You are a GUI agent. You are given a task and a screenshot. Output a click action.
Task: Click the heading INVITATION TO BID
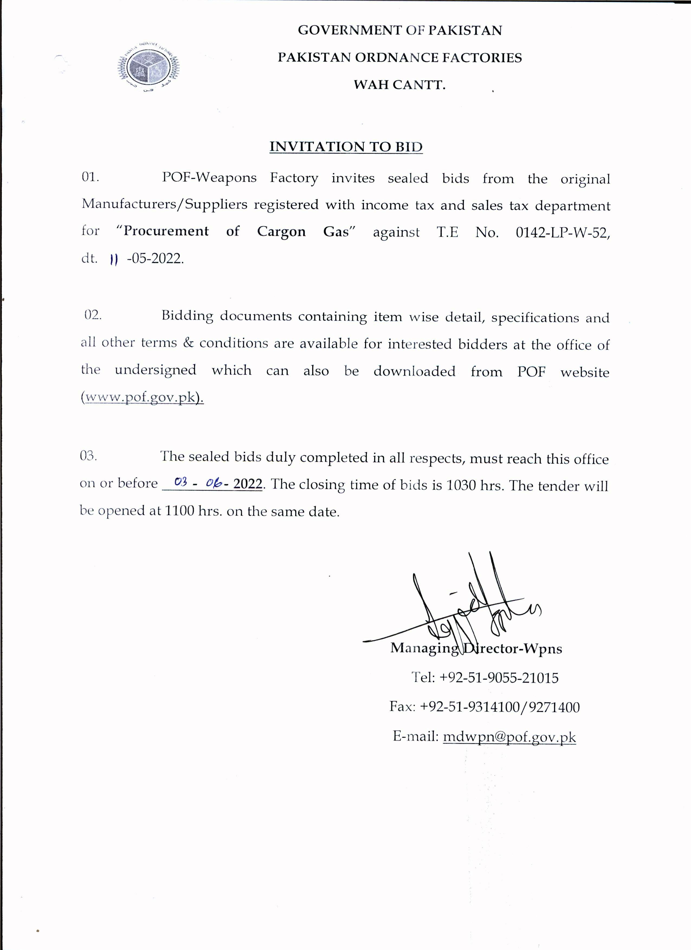[346, 147]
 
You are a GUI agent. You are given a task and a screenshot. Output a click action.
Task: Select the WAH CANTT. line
[399, 85]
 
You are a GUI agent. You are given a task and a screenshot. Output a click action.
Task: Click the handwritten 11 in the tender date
[113, 260]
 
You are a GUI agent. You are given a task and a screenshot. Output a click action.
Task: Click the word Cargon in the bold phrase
[281, 232]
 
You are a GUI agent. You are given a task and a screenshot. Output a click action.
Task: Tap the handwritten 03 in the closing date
[180, 482]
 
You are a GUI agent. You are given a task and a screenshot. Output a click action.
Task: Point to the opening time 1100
[179, 511]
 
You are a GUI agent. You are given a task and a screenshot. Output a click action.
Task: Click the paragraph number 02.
[93, 315]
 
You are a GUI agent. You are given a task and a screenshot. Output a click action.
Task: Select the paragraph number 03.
[88, 456]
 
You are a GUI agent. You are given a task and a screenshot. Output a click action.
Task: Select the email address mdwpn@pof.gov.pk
[509, 737]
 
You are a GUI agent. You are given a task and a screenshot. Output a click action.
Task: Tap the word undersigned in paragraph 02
[156, 370]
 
